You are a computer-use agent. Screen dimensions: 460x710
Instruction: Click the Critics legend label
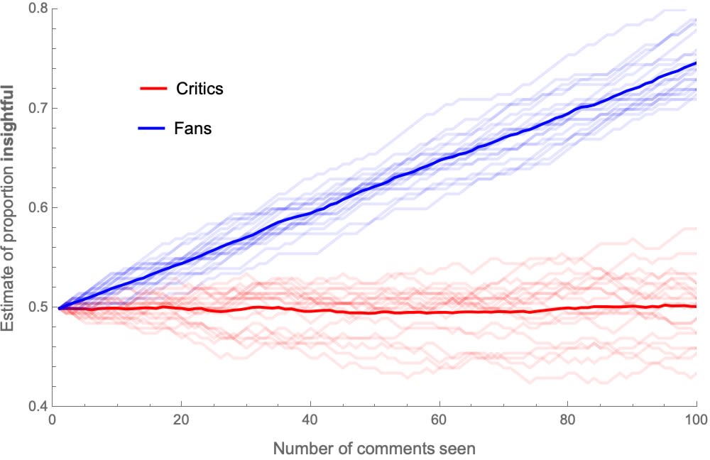tap(199, 89)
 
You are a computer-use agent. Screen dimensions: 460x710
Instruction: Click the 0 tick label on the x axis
tap(53, 420)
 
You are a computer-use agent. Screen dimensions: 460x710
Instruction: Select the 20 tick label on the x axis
tap(181, 420)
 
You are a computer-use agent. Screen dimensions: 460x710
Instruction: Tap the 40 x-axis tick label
tap(310, 420)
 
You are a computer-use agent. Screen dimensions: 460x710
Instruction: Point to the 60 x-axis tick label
tap(439, 420)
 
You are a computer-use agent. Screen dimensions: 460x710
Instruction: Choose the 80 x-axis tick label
tap(568, 420)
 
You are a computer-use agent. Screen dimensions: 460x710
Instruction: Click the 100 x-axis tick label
tap(697, 420)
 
